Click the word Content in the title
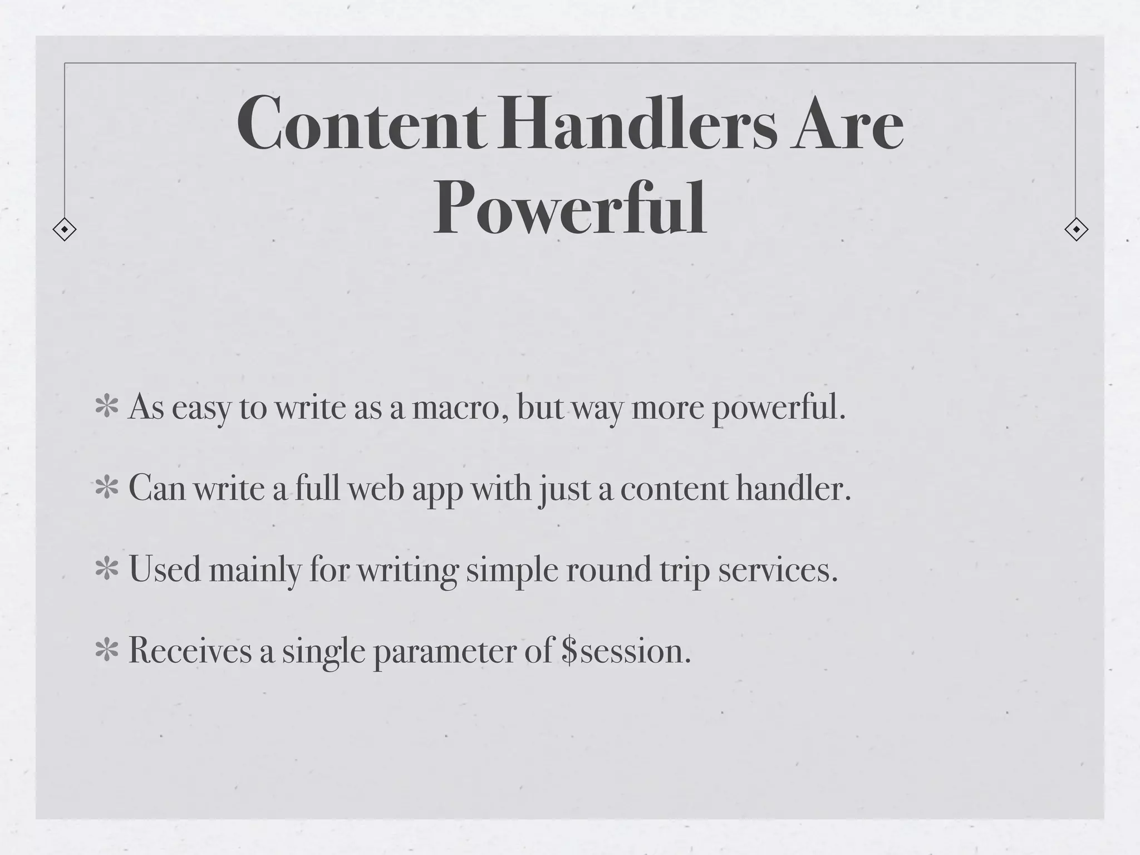coord(362,124)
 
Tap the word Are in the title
coord(847,124)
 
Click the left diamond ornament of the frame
coord(65,229)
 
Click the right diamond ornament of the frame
coord(1076,229)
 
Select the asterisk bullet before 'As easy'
coord(107,407)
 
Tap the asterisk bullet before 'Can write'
coord(107,488)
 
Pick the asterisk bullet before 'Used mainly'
coord(107,569)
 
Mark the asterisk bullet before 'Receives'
coord(107,651)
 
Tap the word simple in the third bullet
coord(512,571)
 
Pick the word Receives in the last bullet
coord(190,651)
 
